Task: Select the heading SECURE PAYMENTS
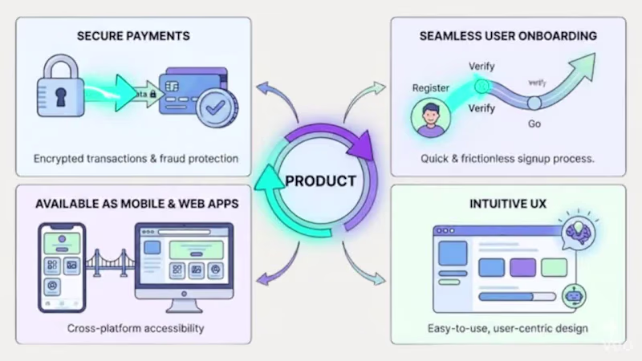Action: [133, 36]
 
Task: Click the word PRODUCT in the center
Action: [321, 180]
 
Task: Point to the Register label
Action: [431, 87]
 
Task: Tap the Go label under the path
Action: [534, 124]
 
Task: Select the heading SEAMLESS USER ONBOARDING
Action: [508, 36]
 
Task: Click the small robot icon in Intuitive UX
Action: [572, 295]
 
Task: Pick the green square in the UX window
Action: [554, 267]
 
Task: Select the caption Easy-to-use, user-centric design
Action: [508, 328]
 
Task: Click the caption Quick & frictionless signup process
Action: [508, 159]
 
